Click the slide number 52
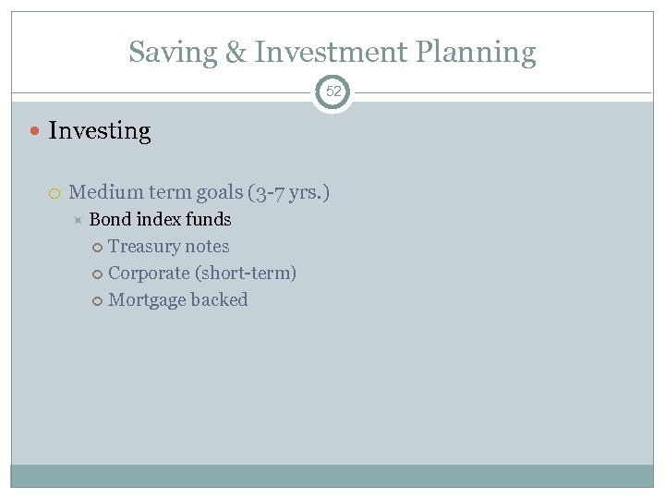point(332,92)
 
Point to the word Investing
point(99,131)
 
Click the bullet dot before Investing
point(35,131)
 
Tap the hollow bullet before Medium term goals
point(54,193)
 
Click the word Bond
point(109,220)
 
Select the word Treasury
point(142,247)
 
